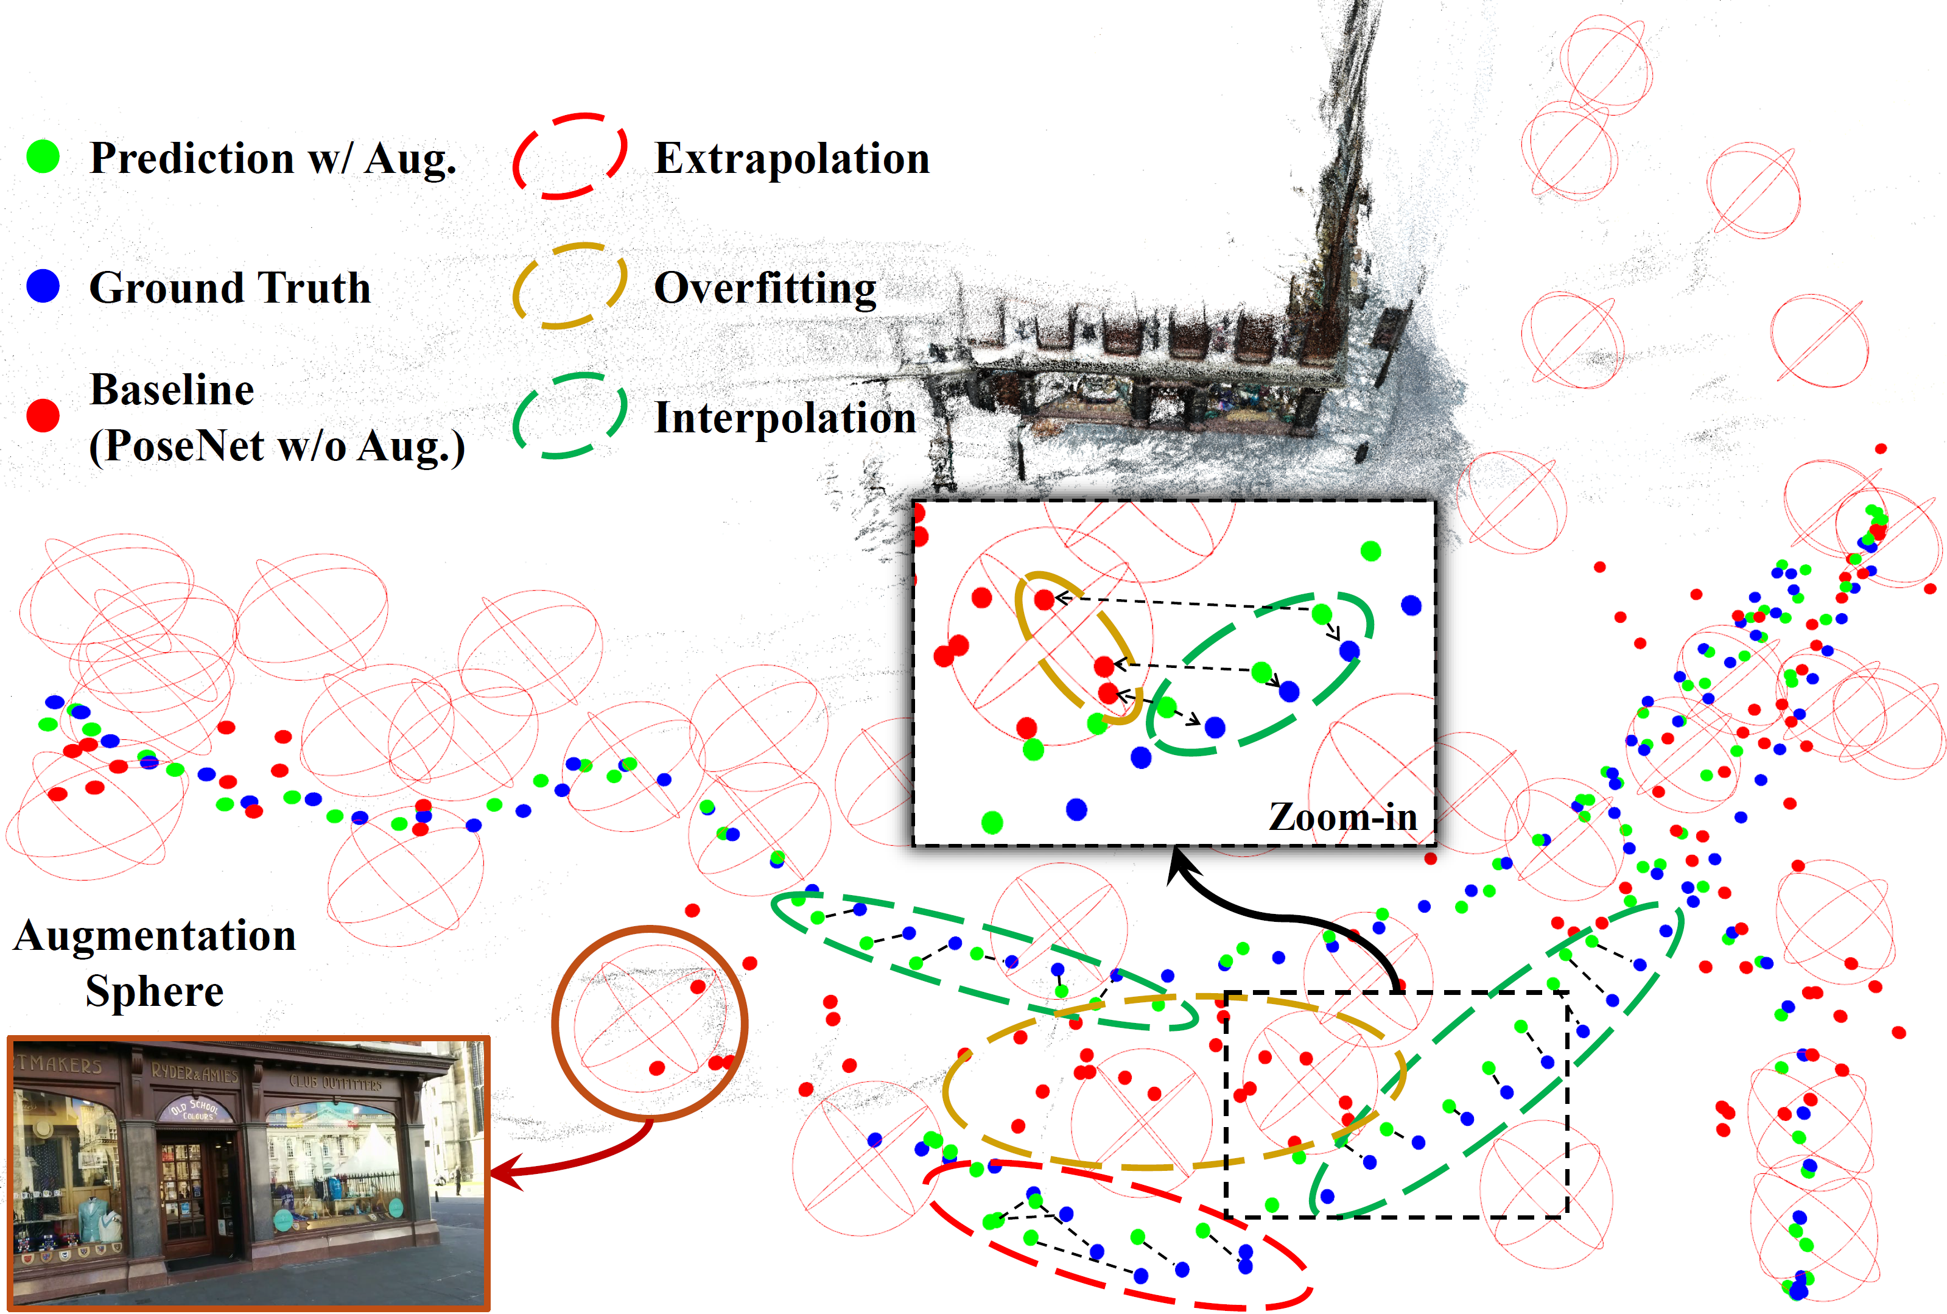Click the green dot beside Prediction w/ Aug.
tap(43, 156)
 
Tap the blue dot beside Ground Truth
tap(43, 286)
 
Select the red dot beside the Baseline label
tap(43, 415)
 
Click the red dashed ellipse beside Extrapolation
tap(570, 156)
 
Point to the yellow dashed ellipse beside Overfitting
tap(570, 286)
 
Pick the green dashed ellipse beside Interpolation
tap(570, 416)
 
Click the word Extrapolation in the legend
tap(791, 158)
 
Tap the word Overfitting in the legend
tap(765, 288)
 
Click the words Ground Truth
tap(230, 287)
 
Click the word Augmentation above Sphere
tap(155, 935)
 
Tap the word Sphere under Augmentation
tap(155, 991)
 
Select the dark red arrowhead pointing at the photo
tap(503, 1173)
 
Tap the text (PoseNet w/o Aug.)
tap(276, 446)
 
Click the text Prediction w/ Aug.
tap(273, 158)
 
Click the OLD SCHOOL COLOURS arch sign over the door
tap(194, 1109)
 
